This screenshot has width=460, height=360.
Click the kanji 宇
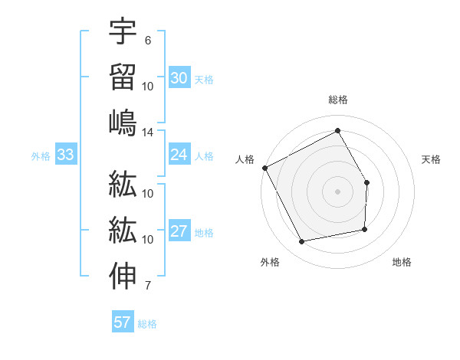tap(123, 32)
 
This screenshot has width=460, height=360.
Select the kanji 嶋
tap(123, 123)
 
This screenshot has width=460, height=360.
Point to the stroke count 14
tap(148, 133)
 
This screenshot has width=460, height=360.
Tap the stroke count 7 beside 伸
tap(147, 286)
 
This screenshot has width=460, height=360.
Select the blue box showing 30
tap(179, 78)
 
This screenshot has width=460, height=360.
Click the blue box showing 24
tap(179, 155)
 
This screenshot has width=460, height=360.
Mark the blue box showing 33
tap(65, 155)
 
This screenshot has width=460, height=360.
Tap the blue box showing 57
tap(123, 322)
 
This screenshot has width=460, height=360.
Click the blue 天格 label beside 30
tap(204, 80)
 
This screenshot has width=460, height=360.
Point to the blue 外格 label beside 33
tap(41, 156)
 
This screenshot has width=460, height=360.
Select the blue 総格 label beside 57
tap(147, 324)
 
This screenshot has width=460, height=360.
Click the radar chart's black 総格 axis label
tap(338, 100)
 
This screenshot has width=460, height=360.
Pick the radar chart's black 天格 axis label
tap(432, 159)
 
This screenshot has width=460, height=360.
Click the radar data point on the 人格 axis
tap(264, 168)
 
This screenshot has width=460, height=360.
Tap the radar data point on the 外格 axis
tap(302, 242)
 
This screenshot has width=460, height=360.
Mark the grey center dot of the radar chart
tap(338, 191)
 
